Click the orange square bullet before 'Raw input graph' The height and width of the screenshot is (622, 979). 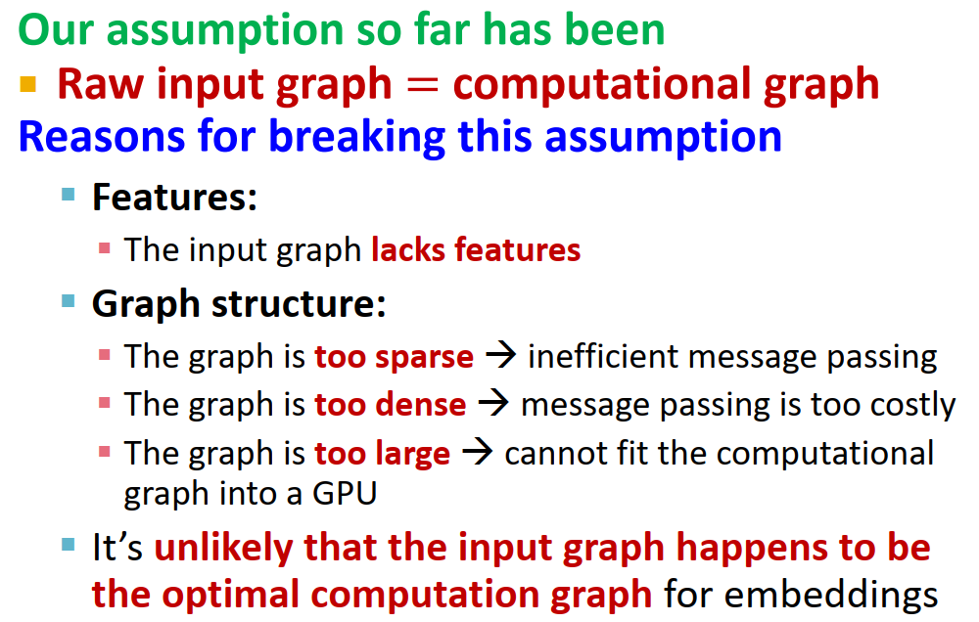tap(27, 86)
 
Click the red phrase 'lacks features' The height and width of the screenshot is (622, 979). tap(476, 250)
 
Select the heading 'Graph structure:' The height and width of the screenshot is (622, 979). tap(239, 303)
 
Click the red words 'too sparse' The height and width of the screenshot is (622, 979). tap(394, 356)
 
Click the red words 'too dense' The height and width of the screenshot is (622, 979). tap(390, 404)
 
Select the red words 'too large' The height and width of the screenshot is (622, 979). tap(382, 454)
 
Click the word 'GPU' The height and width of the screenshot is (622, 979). tap(343, 494)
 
